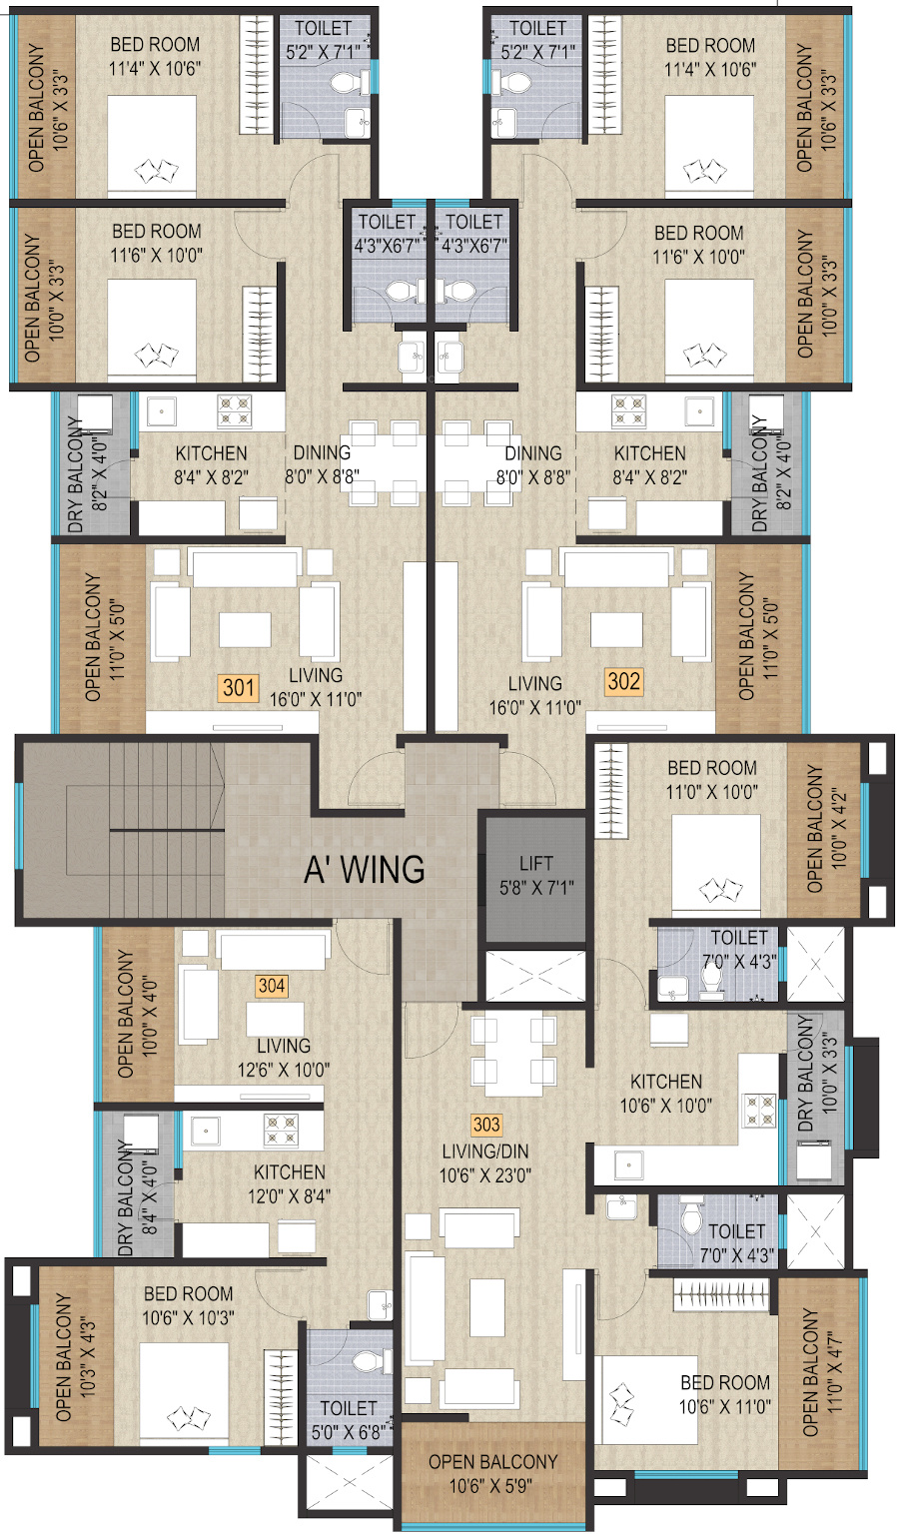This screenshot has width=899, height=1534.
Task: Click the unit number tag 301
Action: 239,687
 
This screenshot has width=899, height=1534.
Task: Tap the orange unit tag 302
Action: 623,681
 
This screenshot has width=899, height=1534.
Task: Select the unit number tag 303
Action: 486,1125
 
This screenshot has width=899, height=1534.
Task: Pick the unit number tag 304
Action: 272,986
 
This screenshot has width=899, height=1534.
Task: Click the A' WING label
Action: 365,870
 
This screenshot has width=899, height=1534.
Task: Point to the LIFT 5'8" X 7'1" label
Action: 536,876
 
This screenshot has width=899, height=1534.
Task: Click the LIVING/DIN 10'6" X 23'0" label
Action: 485,1164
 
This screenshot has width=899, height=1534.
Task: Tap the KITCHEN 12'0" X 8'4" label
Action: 289,1184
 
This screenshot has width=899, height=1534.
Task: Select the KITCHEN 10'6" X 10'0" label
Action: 666,1094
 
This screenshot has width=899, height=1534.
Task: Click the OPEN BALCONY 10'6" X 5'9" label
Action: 492,1474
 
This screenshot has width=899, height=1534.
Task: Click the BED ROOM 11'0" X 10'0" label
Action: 712,780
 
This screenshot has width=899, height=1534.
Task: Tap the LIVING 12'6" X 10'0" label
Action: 284,1058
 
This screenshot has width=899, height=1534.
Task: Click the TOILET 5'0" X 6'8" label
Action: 350,1420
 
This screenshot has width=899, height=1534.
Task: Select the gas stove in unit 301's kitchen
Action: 235,410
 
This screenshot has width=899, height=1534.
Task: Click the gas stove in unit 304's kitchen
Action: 281,1131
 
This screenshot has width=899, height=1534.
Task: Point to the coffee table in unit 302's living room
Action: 616,629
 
